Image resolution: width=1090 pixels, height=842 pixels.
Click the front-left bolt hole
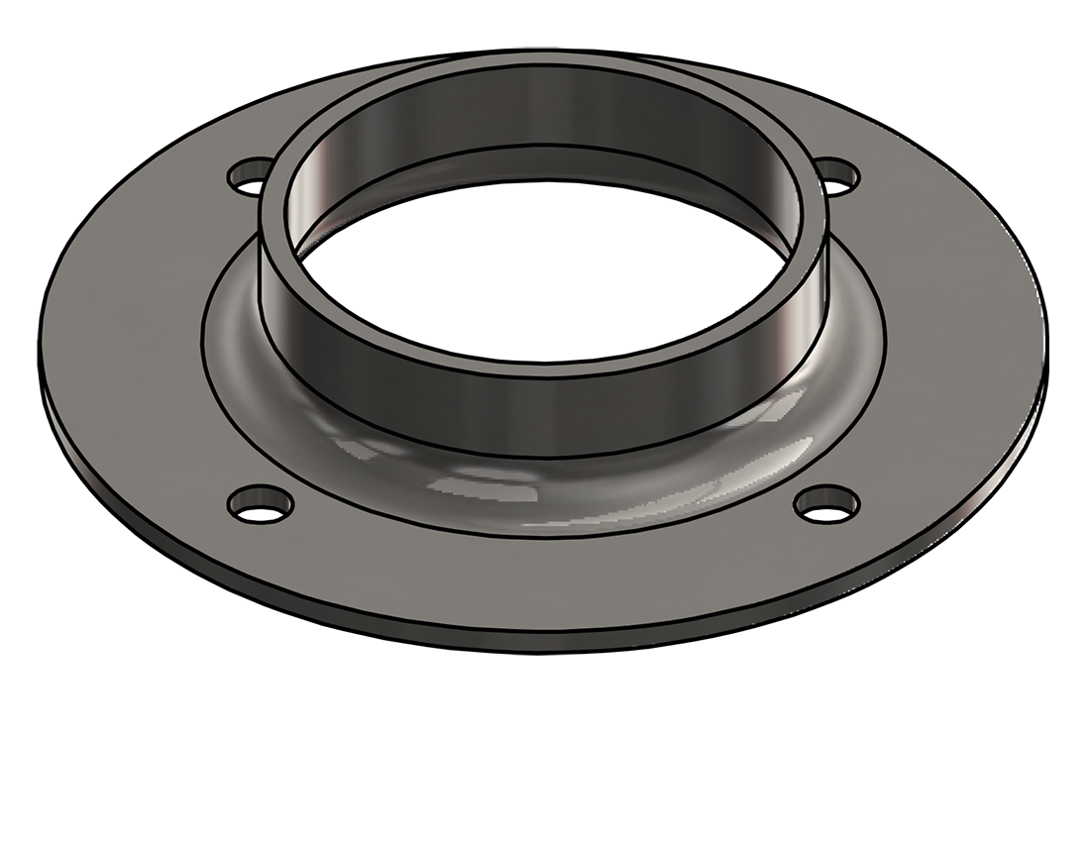coord(261,504)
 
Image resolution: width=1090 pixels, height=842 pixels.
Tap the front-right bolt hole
coord(826,504)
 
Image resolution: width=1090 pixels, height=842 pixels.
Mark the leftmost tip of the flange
coord(40,337)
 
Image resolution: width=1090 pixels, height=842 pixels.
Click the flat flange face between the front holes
coord(545,579)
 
